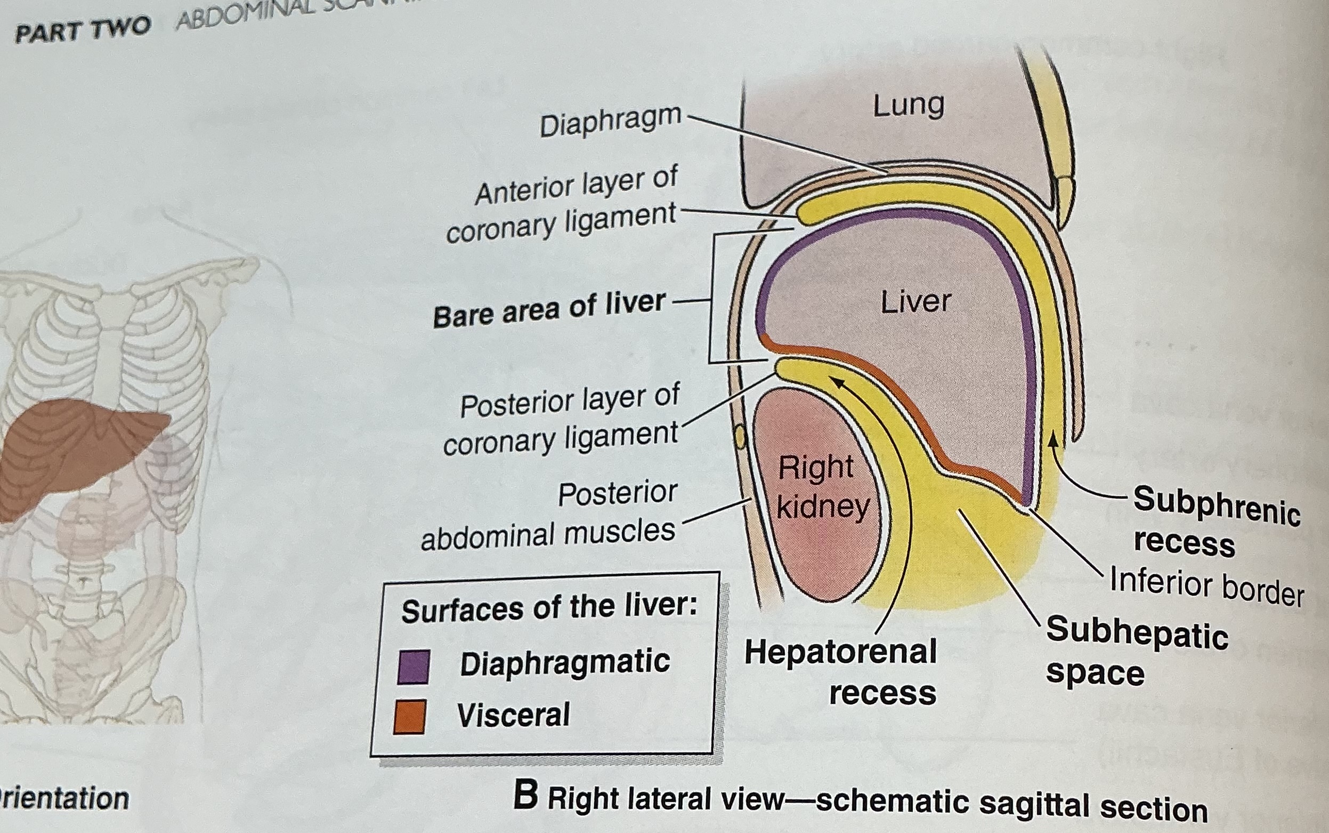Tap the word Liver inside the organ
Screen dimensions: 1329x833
(x=915, y=301)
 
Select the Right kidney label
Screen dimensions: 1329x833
(x=822, y=486)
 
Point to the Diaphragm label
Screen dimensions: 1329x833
(x=610, y=122)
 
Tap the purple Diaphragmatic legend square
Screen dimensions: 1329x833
(x=413, y=667)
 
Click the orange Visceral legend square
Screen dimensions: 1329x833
(x=410, y=717)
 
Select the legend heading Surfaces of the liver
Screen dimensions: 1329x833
(x=549, y=608)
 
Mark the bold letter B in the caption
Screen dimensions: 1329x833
(x=526, y=797)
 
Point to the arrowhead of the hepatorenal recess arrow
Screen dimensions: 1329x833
(x=837, y=382)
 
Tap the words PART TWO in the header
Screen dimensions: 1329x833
(x=83, y=30)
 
